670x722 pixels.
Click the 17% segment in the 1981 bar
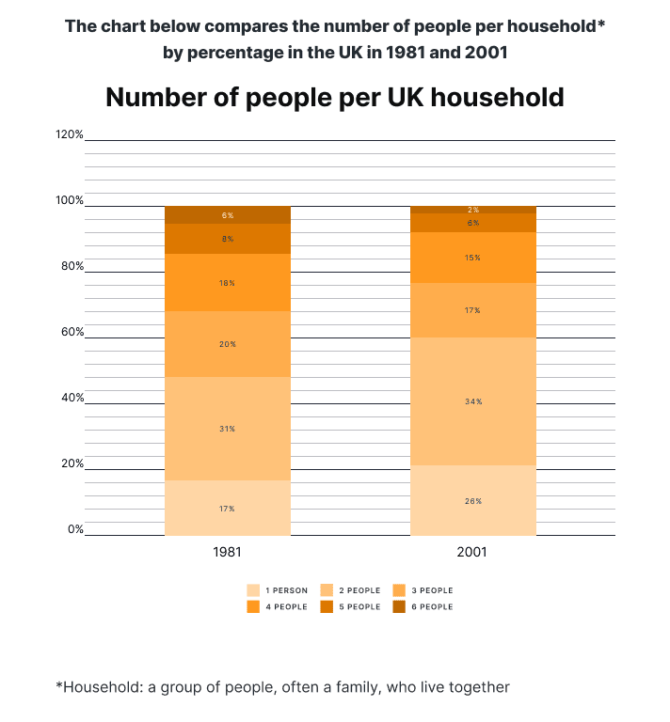[227, 509]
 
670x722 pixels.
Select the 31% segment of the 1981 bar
[227, 429]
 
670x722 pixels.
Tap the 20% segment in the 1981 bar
[227, 344]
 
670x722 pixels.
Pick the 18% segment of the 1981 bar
[227, 282]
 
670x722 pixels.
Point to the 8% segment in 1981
[227, 239]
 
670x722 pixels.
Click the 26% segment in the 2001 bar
[472, 501]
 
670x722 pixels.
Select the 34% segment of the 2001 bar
[472, 401]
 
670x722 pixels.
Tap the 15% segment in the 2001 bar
[472, 258]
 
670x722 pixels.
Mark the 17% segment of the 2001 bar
[472, 310]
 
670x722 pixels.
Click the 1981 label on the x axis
[228, 552]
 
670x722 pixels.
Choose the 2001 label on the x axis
[472, 552]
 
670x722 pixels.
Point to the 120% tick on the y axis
[70, 134]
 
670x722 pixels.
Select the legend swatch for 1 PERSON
[253, 590]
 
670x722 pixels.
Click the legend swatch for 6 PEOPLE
[399, 607]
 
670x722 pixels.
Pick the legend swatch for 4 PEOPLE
[253, 607]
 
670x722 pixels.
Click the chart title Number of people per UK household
[334, 97]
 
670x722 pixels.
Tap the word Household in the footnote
[100, 687]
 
